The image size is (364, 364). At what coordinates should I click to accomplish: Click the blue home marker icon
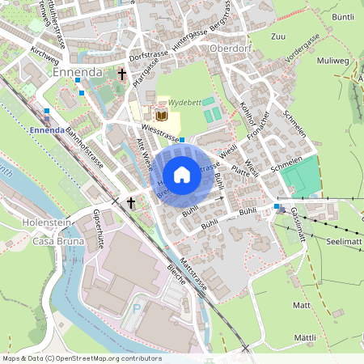pyautogui.click(x=182, y=174)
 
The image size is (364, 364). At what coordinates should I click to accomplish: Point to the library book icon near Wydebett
pyautogui.click(x=161, y=116)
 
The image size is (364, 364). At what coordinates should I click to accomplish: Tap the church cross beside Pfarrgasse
pyautogui.click(x=122, y=74)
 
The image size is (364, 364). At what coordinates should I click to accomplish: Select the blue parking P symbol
pyautogui.click(x=137, y=307)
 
